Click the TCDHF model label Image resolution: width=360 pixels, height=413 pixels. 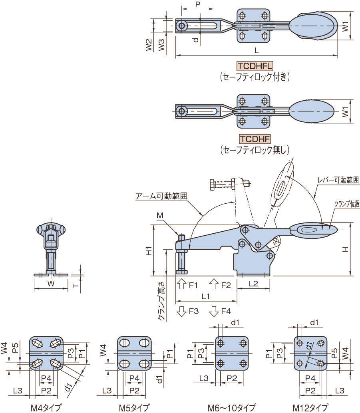click(x=255, y=139)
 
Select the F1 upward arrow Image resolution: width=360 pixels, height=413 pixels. click(x=181, y=284)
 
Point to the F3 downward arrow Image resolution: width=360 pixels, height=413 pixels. click(x=181, y=311)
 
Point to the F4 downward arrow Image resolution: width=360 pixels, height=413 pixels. click(x=214, y=311)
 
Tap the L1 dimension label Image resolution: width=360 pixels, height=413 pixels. click(x=206, y=296)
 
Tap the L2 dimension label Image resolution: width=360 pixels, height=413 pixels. click(x=253, y=284)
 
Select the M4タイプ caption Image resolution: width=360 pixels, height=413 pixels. click(x=46, y=408)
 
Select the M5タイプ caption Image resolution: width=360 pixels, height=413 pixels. click(x=134, y=408)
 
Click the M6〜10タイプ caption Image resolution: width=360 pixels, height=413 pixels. click(x=231, y=408)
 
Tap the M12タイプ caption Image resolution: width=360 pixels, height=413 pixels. click(x=312, y=408)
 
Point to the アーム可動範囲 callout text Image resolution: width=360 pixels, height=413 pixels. click(x=161, y=196)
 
